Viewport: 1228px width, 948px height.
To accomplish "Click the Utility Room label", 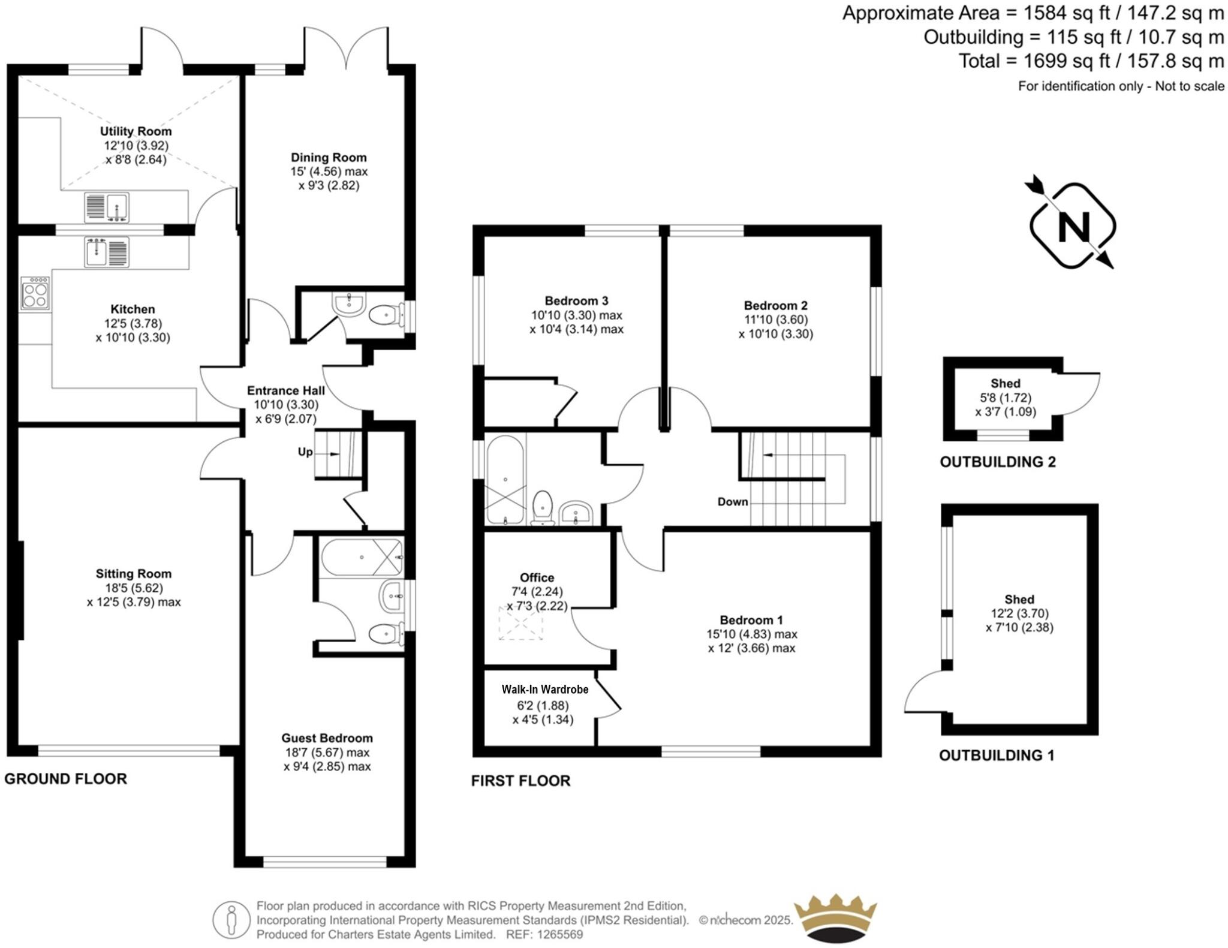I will pos(136,131).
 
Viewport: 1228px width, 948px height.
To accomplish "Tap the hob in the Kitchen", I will pos(35,293).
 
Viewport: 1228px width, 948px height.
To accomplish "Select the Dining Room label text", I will pos(329,158).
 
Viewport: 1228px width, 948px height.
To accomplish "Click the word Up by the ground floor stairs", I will pos(305,452).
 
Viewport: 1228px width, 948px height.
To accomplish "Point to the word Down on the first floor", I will pos(733,502).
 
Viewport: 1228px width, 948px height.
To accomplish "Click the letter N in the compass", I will pos(1073,227).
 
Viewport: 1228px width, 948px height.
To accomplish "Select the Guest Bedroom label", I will pos(327,738).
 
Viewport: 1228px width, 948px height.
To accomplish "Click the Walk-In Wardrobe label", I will pos(545,690).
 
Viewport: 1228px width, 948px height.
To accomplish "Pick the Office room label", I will pos(537,577).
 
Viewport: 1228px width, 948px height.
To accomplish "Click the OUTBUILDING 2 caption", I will pos(998,462).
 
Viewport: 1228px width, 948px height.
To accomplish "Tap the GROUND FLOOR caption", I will pos(66,779).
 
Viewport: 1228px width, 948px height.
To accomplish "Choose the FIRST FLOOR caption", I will pos(520,781).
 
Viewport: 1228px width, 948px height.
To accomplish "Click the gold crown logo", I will pos(835,918).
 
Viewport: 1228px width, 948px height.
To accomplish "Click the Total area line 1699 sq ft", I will pos(1091,61).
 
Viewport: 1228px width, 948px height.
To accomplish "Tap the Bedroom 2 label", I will pos(775,305).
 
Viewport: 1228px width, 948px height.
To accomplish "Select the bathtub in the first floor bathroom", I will pos(505,479).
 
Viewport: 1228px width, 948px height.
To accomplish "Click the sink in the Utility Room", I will pos(107,207).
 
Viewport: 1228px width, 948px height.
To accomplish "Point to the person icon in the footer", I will pos(231,920).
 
